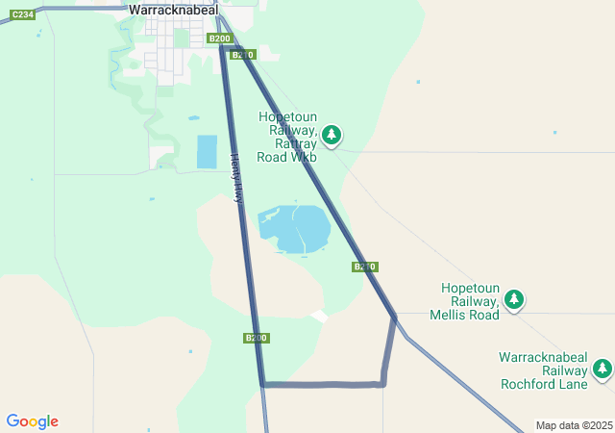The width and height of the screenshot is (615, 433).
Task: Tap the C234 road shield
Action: (x=23, y=14)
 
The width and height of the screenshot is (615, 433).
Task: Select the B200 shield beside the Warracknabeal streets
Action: (x=219, y=38)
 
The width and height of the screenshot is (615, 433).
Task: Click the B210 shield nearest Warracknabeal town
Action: (x=243, y=55)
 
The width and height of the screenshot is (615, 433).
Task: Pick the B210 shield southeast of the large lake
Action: (x=364, y=267)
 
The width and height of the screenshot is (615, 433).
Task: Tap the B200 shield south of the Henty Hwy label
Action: (x=256, y=338)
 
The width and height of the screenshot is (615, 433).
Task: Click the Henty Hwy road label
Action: (x=236, y=179)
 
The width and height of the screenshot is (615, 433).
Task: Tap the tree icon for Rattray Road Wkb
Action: (x=332, y=135)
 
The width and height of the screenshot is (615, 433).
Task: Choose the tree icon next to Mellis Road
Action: (x=515, y=300)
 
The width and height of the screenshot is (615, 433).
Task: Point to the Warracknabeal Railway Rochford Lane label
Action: (x=543, y=369)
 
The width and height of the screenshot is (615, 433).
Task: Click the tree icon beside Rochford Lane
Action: (x=603, y=369)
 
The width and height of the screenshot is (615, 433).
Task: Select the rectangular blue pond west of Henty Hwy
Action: (x=207, y=151)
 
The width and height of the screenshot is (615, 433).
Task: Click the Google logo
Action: (x=32, y=421)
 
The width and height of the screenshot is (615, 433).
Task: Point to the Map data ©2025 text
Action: (x=574, y=425)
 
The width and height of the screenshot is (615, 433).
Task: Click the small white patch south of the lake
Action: (x=320, y=316)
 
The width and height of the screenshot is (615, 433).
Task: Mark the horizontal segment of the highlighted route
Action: (x=322, y=385)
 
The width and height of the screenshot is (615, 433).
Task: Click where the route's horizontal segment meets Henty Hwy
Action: (x=262, y=384)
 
